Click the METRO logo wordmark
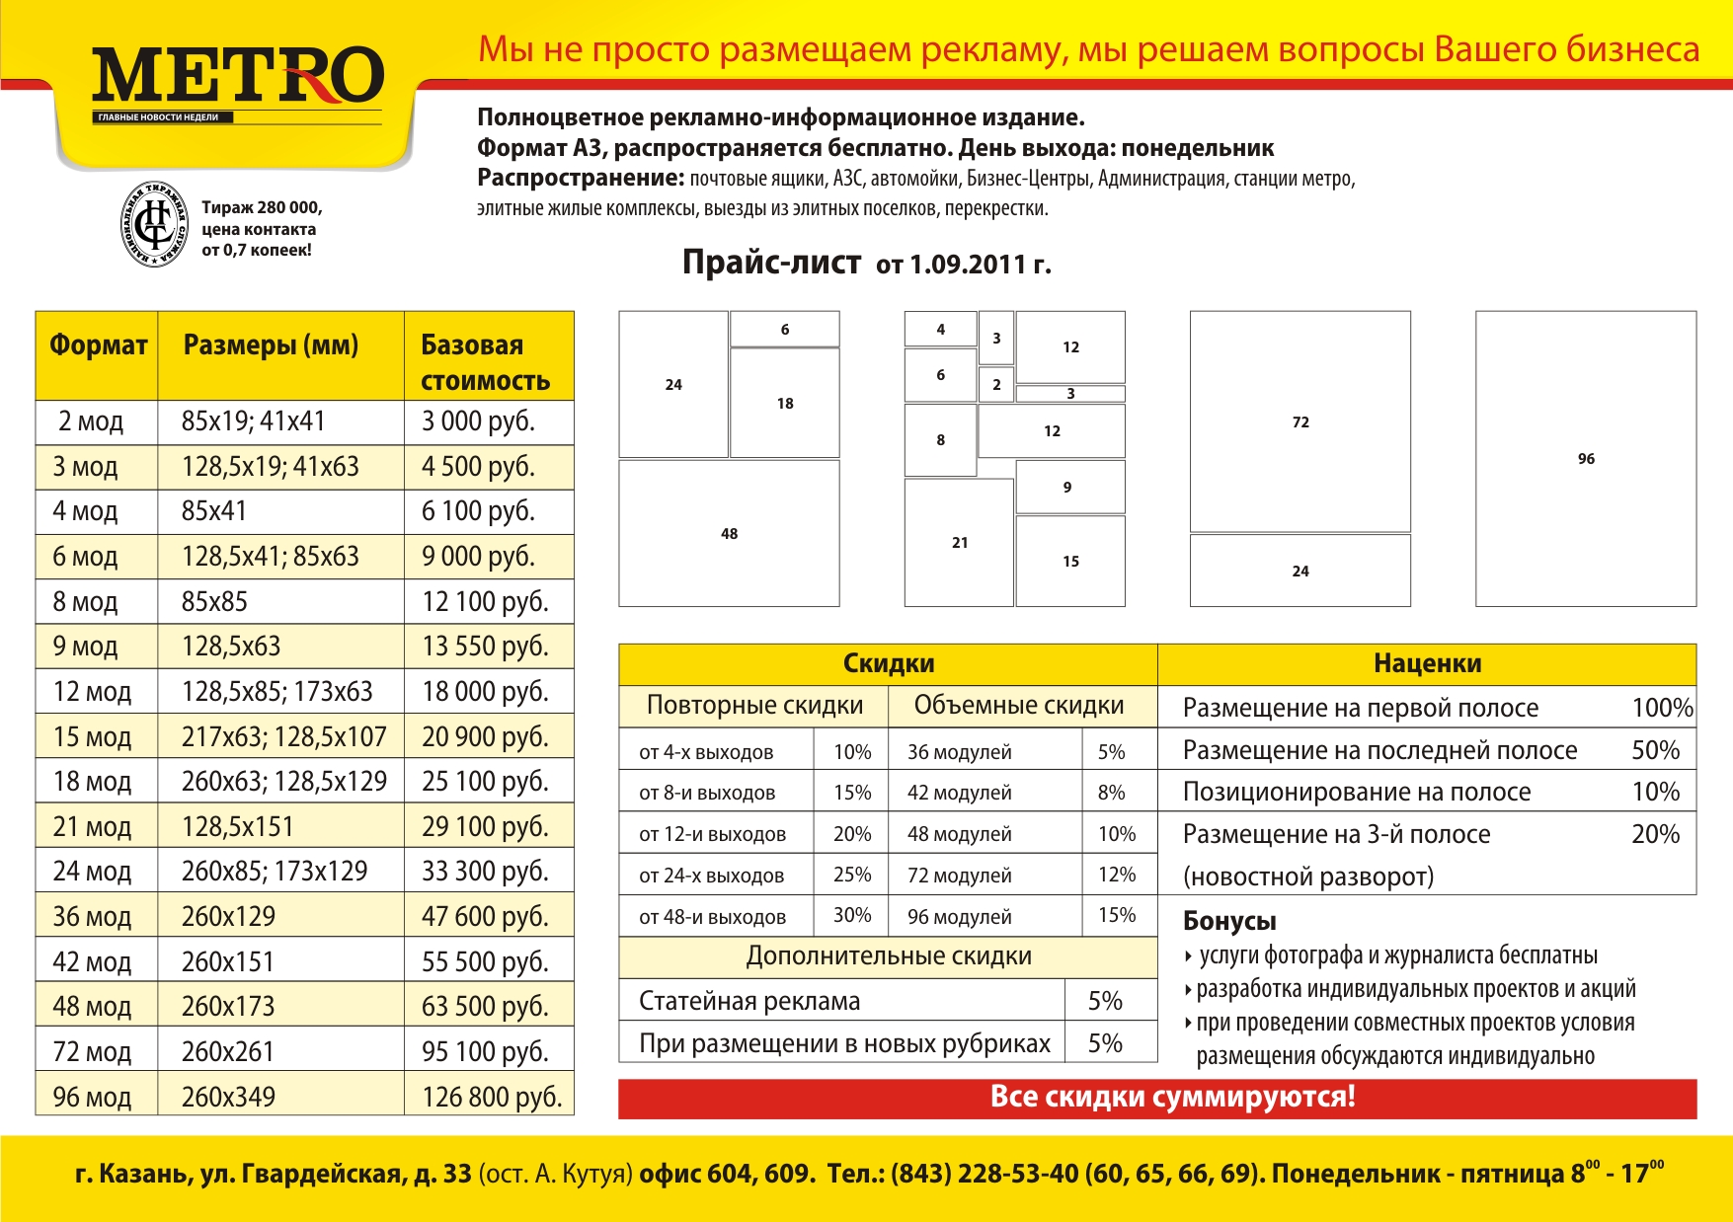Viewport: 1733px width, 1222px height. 237,76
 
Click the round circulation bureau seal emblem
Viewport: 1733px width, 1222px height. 154,225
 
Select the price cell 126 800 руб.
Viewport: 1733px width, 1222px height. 491,1097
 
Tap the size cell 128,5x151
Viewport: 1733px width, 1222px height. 238,826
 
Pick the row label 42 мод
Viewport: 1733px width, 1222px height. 92,961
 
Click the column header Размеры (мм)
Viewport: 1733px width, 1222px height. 271,345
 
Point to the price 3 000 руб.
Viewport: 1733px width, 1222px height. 478,421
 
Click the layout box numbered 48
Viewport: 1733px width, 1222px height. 729,533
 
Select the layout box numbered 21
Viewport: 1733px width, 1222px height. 959,542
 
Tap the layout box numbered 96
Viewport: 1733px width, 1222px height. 1586,459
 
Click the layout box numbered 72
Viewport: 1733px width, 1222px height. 1300,421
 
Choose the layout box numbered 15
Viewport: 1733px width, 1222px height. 1070,561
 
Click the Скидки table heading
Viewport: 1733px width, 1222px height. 888,664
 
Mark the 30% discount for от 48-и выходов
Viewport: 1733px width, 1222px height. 851,915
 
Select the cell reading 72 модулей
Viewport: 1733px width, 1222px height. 959,876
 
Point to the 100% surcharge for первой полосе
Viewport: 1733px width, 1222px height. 1662,708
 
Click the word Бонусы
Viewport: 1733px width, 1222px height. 1229,921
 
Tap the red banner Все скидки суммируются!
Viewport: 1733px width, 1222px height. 1172,1098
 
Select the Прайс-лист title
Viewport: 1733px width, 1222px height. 771,263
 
